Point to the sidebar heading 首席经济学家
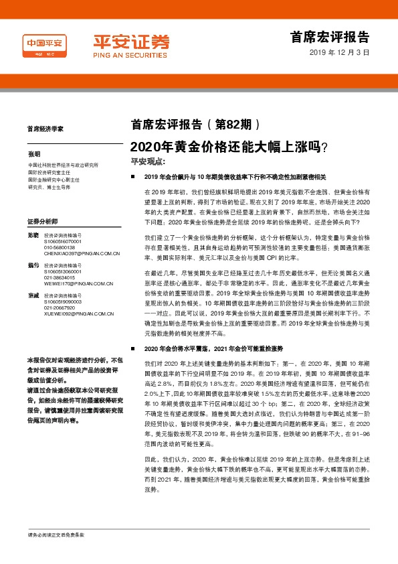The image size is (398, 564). tap(45, 129)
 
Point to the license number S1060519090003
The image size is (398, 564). tap(64, 303)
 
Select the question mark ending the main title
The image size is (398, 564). tap(324, 145)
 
